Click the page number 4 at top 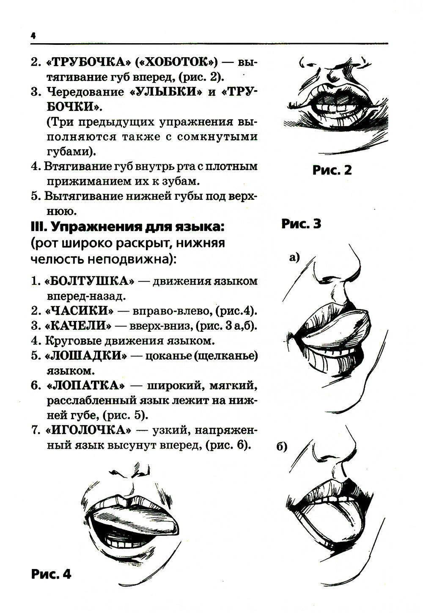coord(33,36)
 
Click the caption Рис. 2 coord(332,170)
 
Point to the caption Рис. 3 coord(301,224)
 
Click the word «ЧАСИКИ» coord(79,311)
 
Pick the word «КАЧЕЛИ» coord(78,326)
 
